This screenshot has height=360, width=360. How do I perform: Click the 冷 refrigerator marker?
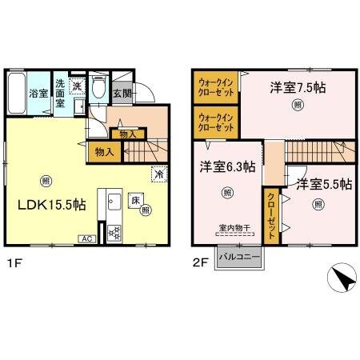coord(158,172)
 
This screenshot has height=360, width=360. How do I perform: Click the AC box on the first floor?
coord(85,238)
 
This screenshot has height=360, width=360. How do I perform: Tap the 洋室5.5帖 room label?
coord(323,184)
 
